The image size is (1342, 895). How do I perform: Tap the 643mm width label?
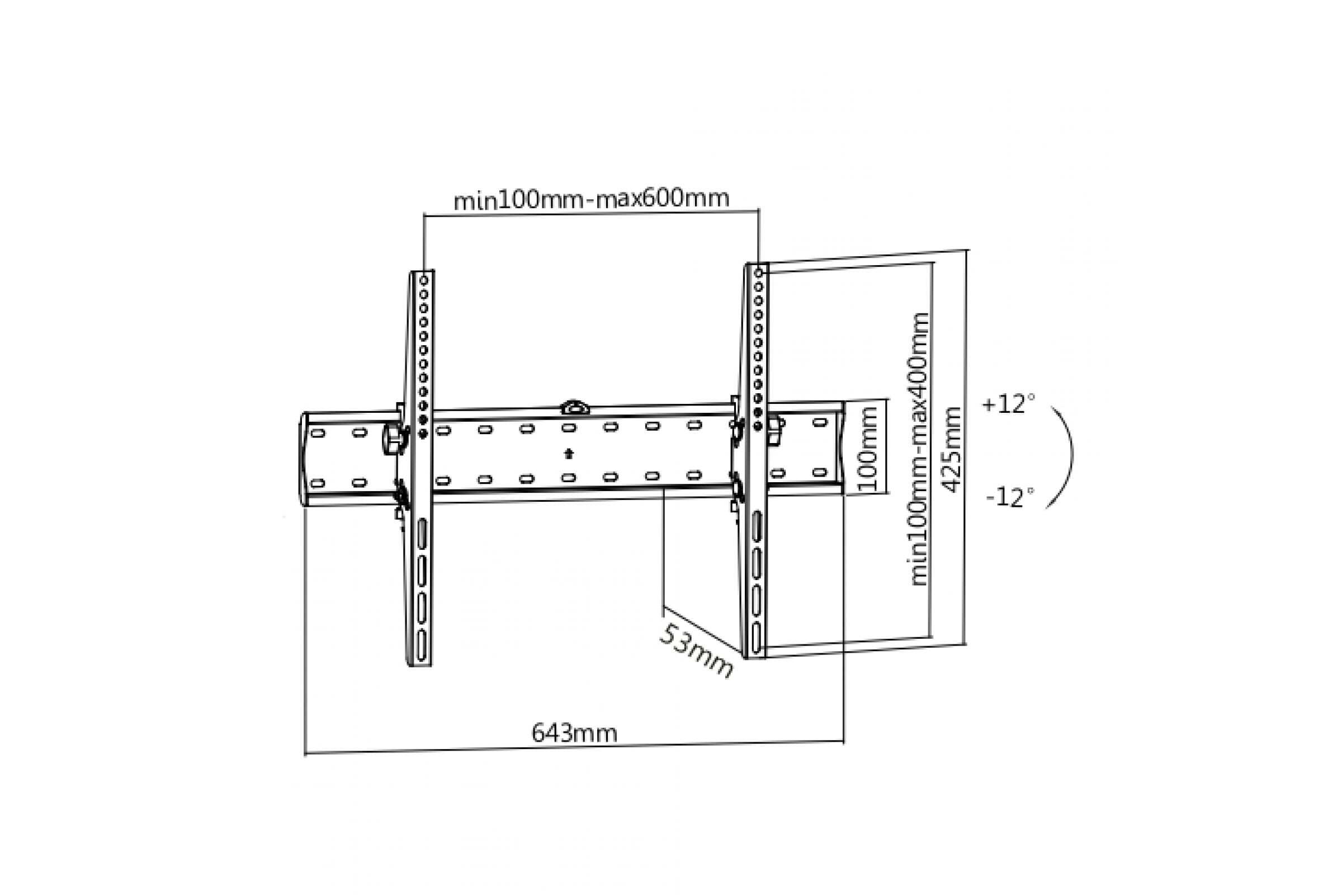[574, 733]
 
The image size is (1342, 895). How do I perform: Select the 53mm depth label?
[696, 651]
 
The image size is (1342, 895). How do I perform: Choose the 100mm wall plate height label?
[868, 449]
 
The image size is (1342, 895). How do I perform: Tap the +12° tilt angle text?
[1008, 404]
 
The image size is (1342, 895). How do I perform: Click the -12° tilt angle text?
[1009, 497]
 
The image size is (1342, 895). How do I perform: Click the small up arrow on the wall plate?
[568, 454]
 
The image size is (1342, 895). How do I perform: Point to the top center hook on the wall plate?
[575, 408]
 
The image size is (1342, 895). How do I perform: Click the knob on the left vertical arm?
[393, 439]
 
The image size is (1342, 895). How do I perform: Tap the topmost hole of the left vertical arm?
[423, 281]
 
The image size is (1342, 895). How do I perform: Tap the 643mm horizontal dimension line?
[574, 748]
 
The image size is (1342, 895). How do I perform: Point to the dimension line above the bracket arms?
[591, 213]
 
